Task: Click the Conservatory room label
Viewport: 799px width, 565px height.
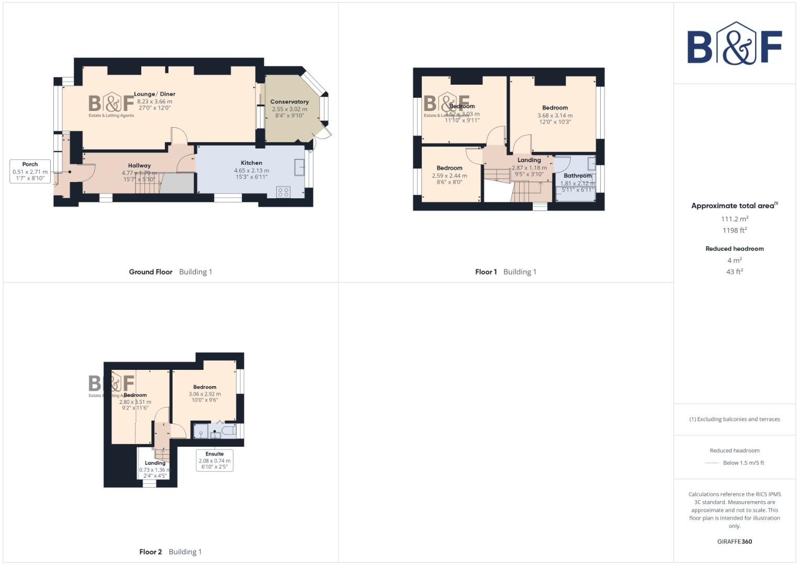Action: tap(289, 101)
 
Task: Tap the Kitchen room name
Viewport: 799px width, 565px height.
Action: tap(251, 163)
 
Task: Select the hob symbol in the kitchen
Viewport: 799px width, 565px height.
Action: tap(283, 192)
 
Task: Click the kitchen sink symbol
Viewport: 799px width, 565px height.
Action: tap(300, 167)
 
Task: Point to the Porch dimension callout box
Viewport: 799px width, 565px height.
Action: tap(30, 171)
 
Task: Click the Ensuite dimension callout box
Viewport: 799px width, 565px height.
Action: tap(215, 460)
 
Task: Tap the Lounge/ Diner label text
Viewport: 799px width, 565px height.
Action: tap(154, 94)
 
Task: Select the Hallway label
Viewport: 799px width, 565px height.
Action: tap(139, 165)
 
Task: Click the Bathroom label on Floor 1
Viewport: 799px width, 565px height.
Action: tap(577, 176)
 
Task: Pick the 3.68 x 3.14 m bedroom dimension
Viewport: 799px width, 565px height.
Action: tap(555, 116)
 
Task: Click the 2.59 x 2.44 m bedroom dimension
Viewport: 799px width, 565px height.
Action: tap(449, 176)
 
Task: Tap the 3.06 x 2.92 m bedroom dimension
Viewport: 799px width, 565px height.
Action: tap(205, 394)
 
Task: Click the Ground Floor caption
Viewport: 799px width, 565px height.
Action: tap(151, 272)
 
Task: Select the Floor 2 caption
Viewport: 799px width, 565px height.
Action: tap(151, 552)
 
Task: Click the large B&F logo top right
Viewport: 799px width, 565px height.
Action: tap(734, 44)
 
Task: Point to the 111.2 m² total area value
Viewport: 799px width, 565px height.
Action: tap(734, 219)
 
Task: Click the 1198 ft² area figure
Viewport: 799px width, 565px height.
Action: tap(734, 230)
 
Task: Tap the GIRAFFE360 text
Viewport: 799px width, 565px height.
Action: tap(734, 541)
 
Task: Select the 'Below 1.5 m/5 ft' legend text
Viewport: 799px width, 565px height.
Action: tap(743, 463)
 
